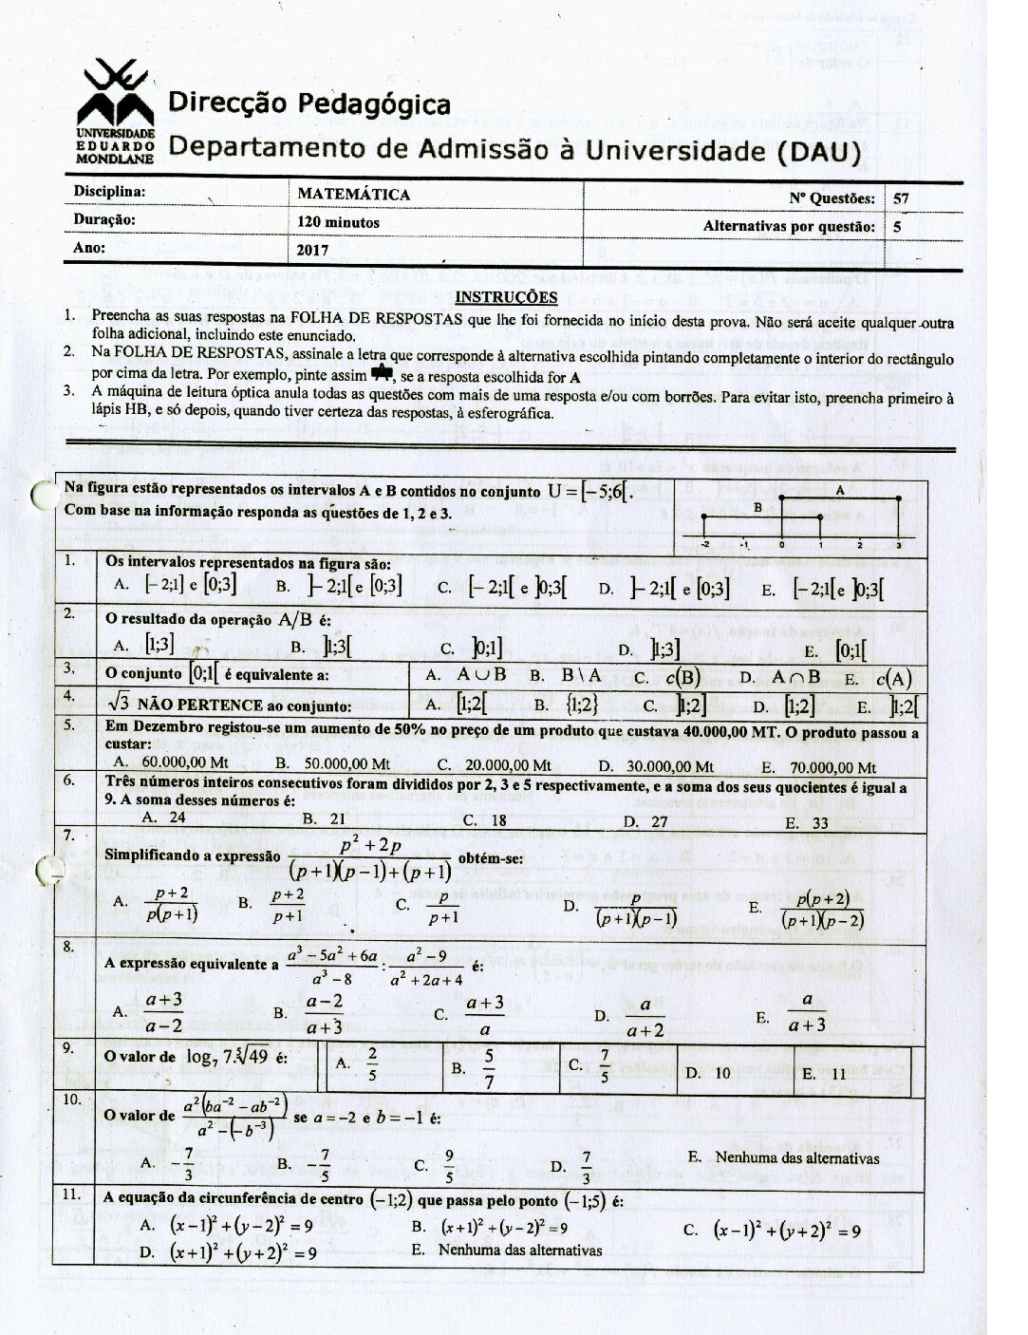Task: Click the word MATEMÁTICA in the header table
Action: click(353, 195)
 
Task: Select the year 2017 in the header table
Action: click(312, 251)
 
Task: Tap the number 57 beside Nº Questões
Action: click(902, 198)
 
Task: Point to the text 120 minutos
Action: click(339, 222)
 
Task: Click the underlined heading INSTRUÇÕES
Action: click(508, 297)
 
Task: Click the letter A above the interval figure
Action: click(840, 491)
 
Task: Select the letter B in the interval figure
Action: click(757, 508)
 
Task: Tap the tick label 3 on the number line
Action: click(897, 545)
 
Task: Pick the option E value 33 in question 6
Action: click(820, 823)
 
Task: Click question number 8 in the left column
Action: click(69, 946)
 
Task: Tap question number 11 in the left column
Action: click(70, 1195)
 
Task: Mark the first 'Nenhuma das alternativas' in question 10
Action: click(797, 1157)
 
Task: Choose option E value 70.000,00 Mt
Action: click(832, 767)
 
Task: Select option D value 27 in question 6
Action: click(659, 822)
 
